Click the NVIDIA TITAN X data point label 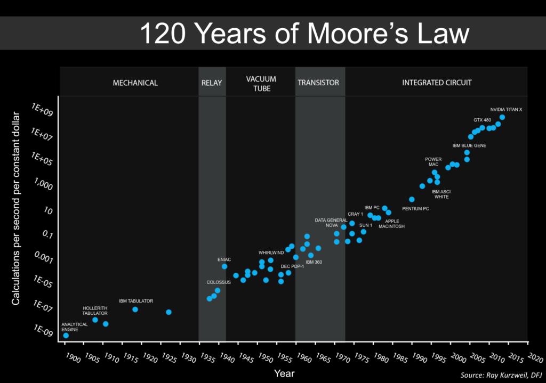pos(506,110)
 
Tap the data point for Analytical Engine pos(66,336)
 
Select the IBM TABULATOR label pos(136,301)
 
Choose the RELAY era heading pos(212,83)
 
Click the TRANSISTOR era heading pos(318,83)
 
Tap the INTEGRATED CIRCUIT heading pos(437,83)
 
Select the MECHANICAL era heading pos(135,83)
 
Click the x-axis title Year pos(284,373)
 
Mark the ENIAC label pos(224,259)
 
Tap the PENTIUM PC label pos(415,209)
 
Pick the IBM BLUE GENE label pos(469,145)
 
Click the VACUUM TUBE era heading pos(261,84)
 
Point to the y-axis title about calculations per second pos(16,209)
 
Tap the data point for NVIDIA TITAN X pos(502,117)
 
